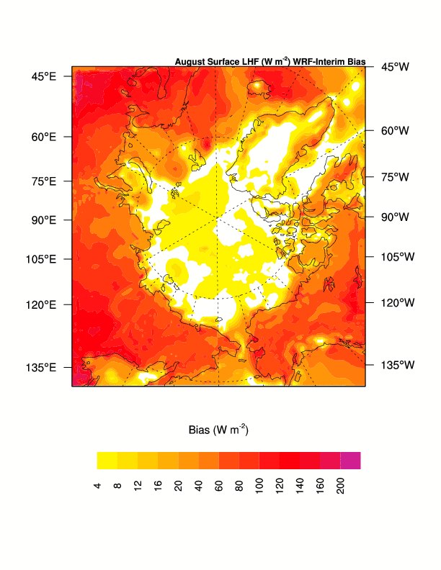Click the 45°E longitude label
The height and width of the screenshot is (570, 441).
(x=43, y=76)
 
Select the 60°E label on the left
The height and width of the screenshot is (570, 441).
(x=43, y=137)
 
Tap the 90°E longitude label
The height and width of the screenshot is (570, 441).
(x=43, y=220)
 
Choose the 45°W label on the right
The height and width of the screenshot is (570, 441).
(x=395, y=66)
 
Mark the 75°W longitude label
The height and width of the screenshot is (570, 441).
(x=395, y=176)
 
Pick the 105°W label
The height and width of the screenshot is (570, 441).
(x=398, y=256)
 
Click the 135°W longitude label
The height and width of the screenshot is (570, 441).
(x=398, y=365)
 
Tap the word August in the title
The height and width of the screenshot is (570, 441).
(x=190, y=62)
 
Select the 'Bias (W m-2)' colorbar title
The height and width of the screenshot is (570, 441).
(x=218, y=430)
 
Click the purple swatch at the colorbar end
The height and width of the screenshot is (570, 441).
(x=350, y=461)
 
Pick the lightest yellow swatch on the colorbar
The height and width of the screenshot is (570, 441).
(x=107, y=461)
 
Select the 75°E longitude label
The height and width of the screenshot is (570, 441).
(x=43, y=181)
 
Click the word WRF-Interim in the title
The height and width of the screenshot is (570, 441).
(x=316, y=62)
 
